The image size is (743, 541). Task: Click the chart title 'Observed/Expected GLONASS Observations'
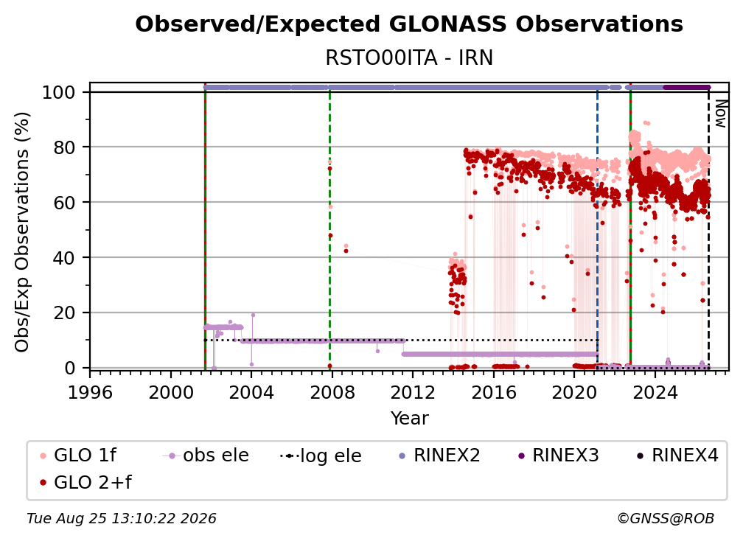coord(409,24)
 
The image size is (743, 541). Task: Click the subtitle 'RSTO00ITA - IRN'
coord(409,58)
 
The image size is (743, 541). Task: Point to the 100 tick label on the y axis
coord(59,92)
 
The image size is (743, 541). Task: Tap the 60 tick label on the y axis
coord(64,203)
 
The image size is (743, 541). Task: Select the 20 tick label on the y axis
coord(64,313)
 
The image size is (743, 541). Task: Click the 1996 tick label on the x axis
coord(90,392)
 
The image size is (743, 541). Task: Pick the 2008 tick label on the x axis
coord(332,392)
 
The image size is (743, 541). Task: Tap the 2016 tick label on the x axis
coord(493,392)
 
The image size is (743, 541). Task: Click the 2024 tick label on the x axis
coord(655,392)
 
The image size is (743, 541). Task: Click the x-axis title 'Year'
coord(409,419)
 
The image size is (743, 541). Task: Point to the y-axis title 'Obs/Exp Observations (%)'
coord(22,232)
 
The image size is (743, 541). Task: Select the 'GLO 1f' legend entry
coord(78,456)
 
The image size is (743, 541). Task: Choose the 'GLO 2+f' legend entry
coord(86,482)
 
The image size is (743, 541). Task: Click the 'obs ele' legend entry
coord(206,456)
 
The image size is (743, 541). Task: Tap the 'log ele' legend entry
coord(321,456)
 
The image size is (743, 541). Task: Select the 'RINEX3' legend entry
coord(558,456)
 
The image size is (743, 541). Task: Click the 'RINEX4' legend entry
coord(677,456)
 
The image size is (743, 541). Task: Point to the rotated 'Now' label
coord(720,114)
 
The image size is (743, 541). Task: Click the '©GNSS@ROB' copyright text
coord(666,518)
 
